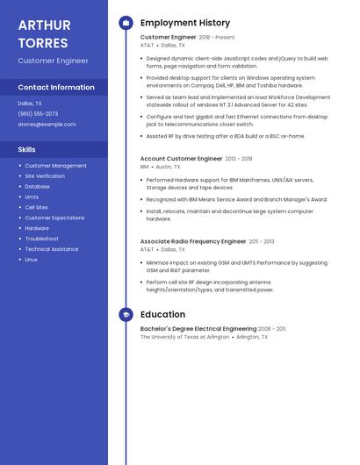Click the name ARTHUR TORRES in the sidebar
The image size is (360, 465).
[44, 33]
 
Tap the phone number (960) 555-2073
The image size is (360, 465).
[38, 114]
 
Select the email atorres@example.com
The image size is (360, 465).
[47, 125]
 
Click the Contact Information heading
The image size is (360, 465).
[56, 88]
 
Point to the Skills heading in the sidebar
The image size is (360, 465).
[26, 149]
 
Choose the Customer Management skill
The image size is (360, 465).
[55, 166]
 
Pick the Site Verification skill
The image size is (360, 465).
[45, 176]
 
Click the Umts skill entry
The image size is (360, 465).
[32, 197]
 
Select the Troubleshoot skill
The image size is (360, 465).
[41, 239]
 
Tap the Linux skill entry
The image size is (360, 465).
[32, 260]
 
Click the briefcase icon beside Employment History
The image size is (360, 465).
[126, 23]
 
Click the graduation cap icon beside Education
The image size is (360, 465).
[126, 314]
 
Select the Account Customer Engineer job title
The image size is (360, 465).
[181, 159]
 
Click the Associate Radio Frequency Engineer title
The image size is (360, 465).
[193, 241]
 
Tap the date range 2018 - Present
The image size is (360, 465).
[217, 38]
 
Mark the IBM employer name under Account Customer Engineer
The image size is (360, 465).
[144, 167]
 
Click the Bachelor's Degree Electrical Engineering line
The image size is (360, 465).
[198, 329]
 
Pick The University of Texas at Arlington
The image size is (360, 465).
[184, 337]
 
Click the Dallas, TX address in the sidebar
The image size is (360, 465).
[30, 104]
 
